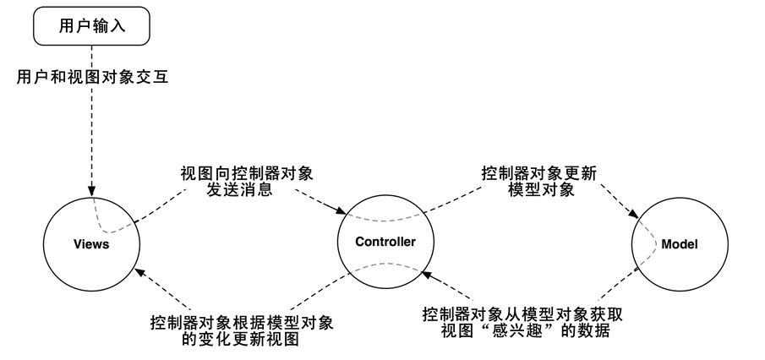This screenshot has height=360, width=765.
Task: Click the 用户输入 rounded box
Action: point(91,26)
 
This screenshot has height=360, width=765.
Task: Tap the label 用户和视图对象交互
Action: point(92,77)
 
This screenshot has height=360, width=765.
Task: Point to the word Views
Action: point(92,244)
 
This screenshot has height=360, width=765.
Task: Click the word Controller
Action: point(385,242)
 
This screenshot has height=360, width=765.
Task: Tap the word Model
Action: point(680,244)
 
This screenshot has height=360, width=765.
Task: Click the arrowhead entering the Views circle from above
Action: point(92,190)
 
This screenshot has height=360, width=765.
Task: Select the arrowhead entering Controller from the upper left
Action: point(341,210)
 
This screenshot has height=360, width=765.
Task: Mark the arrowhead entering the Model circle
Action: point(634,214)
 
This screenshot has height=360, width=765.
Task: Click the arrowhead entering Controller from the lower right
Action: point(427,275)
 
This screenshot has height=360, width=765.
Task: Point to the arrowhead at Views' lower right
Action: point(140,272)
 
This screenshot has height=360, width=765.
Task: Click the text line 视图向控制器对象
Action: point(246,173)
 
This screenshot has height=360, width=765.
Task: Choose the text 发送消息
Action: point(238,190)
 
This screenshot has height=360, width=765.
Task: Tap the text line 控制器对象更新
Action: point(539,173)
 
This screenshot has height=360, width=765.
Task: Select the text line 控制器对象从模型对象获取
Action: point(522,314)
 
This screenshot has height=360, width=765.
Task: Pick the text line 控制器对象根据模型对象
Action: point(242,323)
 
